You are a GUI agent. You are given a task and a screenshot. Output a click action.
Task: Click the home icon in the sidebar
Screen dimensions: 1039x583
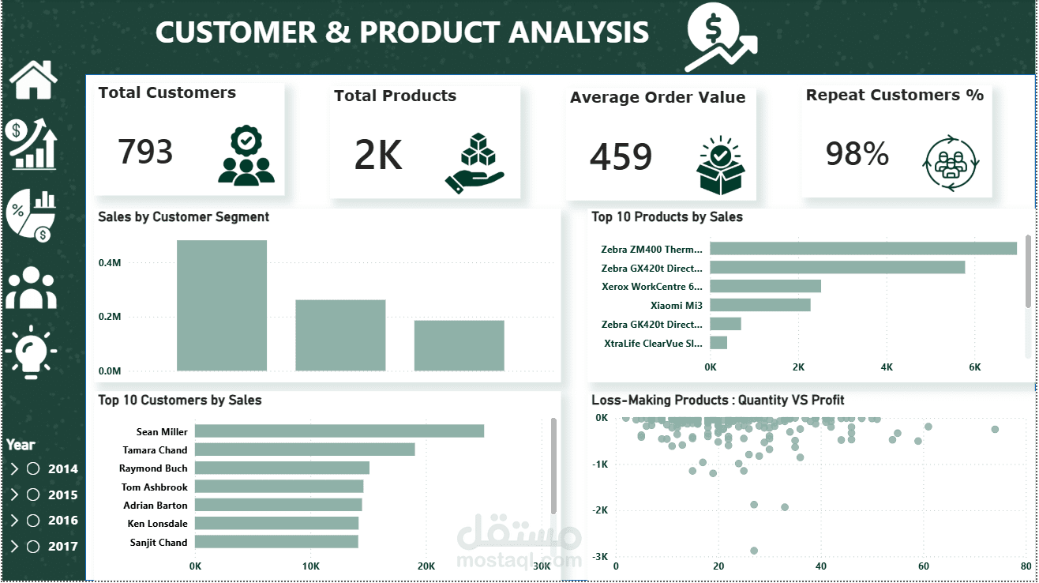pyautogui.click(x=33, y=80)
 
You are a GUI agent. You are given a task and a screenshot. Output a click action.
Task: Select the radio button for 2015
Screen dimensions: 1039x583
pyautogui.click(x=33, y=495)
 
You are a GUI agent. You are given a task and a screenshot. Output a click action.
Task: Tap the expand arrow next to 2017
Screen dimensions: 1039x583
pyautogui.click(x=14, y=547)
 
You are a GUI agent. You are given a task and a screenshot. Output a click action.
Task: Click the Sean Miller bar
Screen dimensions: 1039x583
pyautogui.click(x=339, y=431)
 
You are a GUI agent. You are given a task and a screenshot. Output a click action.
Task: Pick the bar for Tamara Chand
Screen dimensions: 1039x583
pyautogui.click(x=305, y=449)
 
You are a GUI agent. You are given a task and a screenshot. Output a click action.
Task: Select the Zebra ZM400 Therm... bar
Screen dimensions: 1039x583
pyautogui.click(x=863, y=249)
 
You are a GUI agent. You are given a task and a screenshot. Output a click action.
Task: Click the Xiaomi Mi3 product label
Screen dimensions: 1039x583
pyautogui.click(x=677, y=306)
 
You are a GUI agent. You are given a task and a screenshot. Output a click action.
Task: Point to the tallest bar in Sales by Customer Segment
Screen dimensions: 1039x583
pyautogui.click(x=222, y=306)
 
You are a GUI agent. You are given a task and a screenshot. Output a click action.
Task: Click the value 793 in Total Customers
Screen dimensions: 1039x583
pyautogui.click(x=145, y=152)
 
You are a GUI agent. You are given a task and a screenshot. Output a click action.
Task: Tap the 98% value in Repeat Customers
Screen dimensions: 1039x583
pyautogui.click(x=857, y=153)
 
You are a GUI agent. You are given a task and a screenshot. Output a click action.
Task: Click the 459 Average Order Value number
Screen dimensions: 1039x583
pyautogui.click(x=621, y=156)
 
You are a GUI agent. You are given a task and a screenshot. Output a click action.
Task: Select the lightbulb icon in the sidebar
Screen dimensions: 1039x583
pyautogui.click(x=31, y=353)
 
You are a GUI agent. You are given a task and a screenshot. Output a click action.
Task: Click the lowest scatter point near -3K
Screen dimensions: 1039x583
pyautogui.click(x=754, y=551)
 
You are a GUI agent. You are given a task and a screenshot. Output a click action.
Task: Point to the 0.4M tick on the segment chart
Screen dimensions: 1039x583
pyautogui.click(x=110, y=263)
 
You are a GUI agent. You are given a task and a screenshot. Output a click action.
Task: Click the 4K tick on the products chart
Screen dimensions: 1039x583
pyautogui.click(x=887, y=367)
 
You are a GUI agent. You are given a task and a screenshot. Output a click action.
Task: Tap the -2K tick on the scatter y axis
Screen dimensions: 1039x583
pyautogui.click(x=600, y=510)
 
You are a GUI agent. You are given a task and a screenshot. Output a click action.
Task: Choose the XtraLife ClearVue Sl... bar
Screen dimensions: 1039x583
pyautogui.click(x=718, y=343)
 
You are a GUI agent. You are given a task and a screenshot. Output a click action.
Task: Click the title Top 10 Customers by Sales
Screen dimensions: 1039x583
pyautogui.click(x=179, y=400)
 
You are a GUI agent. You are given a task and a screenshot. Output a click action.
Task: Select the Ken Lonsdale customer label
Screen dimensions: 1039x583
pyautogui.click(x=157, y=524)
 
